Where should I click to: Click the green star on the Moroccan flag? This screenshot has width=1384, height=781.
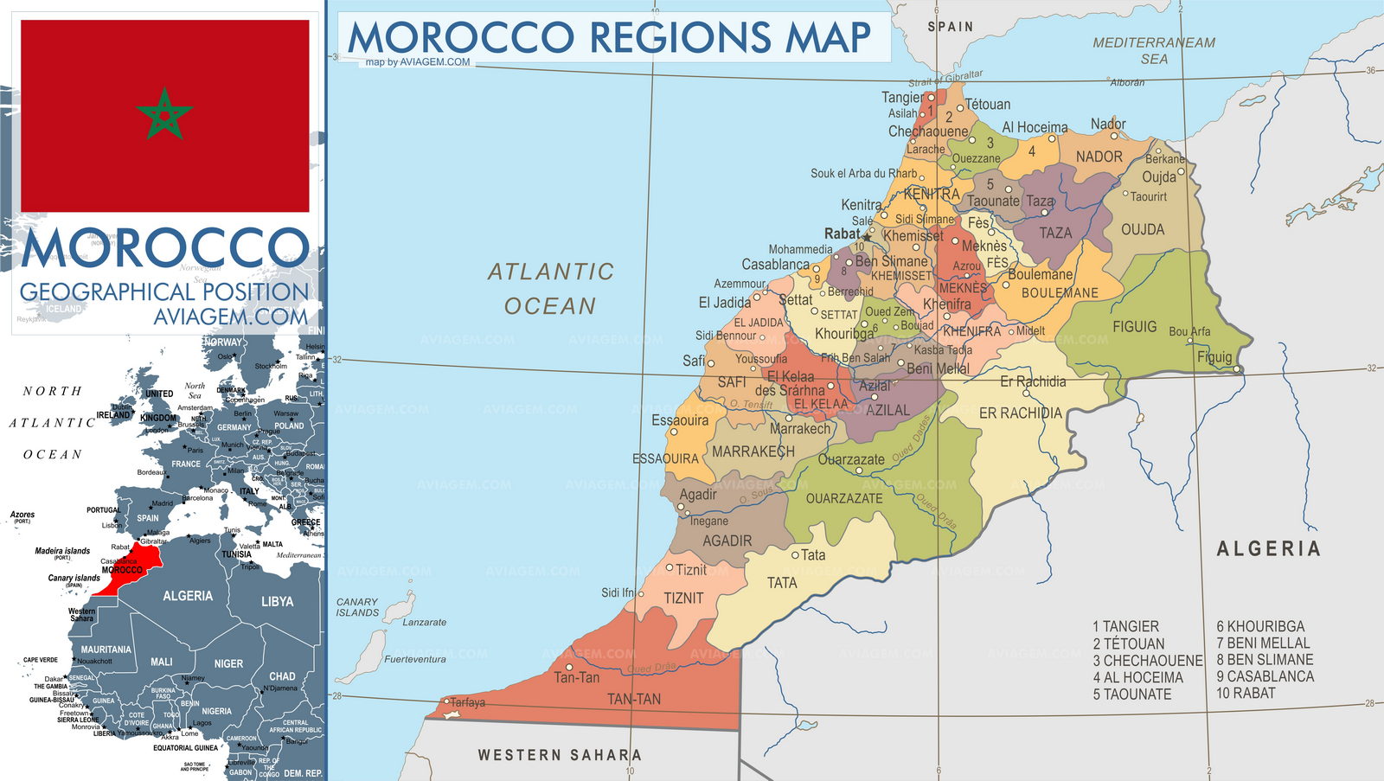[x=163, y=113]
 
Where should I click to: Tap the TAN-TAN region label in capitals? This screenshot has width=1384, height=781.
[x=634, y=699]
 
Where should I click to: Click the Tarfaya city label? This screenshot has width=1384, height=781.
[x=468, y=702]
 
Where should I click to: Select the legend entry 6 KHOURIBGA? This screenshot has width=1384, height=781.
[x=1260, y=626]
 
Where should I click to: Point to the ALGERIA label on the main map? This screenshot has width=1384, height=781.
[x=1268, y=548]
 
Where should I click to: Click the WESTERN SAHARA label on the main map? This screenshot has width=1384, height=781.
[x=560, y=755]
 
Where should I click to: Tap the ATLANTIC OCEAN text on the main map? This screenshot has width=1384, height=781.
[x=550, y=289]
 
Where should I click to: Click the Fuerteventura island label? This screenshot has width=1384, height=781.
[x=415, y=659]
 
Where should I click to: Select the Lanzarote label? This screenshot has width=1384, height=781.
[x=425, y=622]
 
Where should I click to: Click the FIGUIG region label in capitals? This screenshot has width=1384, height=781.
[x=1134, y=327]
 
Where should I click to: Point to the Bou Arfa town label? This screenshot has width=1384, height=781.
[x=1189, y=331]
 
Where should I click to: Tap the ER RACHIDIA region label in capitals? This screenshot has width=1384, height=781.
[x=1020, y=413]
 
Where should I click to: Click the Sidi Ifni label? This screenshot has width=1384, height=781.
[x=618, y=592]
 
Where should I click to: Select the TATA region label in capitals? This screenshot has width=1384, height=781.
[x=782, y=583]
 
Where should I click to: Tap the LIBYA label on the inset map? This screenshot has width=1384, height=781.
[x=277, y=601]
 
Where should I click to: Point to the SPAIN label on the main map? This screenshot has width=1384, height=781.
[x=950, y=27]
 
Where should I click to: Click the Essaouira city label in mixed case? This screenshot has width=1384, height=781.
[x=680, y=420]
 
